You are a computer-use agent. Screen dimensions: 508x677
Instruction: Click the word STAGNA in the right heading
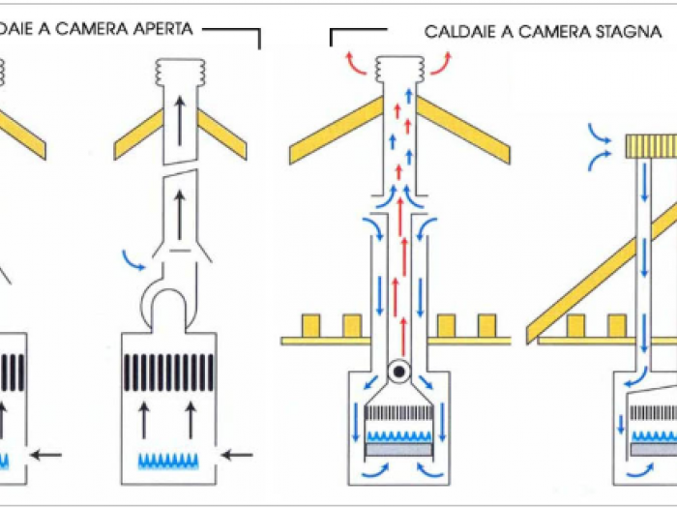(627, 32)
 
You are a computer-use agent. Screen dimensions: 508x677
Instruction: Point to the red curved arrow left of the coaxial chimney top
(357, 63)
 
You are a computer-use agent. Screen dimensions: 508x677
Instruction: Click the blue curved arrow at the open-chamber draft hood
(133, 258)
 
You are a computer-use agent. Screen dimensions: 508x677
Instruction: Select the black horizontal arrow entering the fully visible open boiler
(237, 452)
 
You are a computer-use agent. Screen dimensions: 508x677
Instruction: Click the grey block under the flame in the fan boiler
(396, 451)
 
